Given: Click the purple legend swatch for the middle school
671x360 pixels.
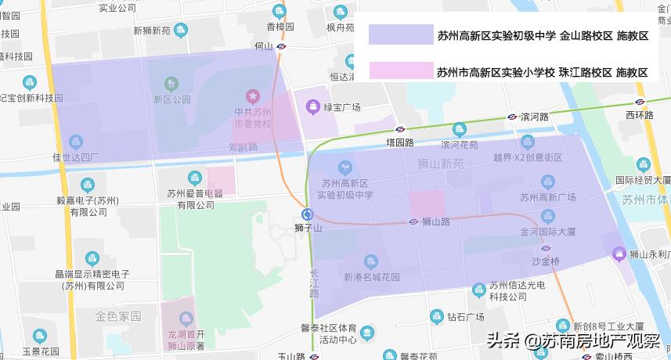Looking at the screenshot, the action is coord(400,34).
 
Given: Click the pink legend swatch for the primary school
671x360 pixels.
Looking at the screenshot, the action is coord(400,72).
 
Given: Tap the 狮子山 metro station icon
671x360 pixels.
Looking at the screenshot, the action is coord(308,214).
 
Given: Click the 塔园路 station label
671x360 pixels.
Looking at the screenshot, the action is coord(399,142).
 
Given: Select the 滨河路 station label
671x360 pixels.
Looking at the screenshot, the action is coord(533,117).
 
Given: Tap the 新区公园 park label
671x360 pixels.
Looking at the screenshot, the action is coord(172,99).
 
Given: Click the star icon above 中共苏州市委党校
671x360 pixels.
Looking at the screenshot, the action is coord(253,95).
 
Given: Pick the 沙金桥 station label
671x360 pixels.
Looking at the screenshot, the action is coord(545,261).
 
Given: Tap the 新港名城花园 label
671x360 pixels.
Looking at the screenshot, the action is coord(372,277).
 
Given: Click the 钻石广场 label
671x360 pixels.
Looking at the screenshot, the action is coord(467,317).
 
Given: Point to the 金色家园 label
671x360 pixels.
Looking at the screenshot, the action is coord(118,317).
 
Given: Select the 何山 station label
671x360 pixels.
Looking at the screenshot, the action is coord(264,46).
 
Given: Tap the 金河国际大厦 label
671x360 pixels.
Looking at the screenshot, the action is coord(548,232).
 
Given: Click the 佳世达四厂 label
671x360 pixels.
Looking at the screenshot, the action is coord(76,157).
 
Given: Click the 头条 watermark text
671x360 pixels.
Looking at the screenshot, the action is coord(503,341).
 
